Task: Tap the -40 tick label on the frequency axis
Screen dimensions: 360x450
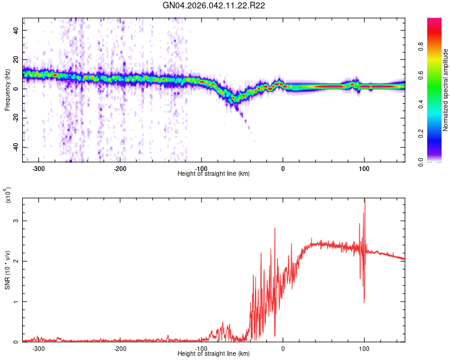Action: click(x=14, y=148)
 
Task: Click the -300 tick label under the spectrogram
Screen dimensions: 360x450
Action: click(x=38, y=169)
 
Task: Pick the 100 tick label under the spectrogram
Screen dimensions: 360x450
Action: click(x=364, y=169)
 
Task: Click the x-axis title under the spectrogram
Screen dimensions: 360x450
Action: click(x=214, y=174)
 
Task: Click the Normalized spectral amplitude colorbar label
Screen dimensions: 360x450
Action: click(x=446, y=90)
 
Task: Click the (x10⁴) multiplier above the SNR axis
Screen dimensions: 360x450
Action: click(x=7, y=196)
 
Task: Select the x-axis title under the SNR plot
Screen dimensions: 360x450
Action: click(x=214, y=354)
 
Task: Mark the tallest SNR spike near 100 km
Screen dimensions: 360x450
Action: click(x=364, y=201)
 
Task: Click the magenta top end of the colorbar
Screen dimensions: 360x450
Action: click(x=434, y=21)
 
